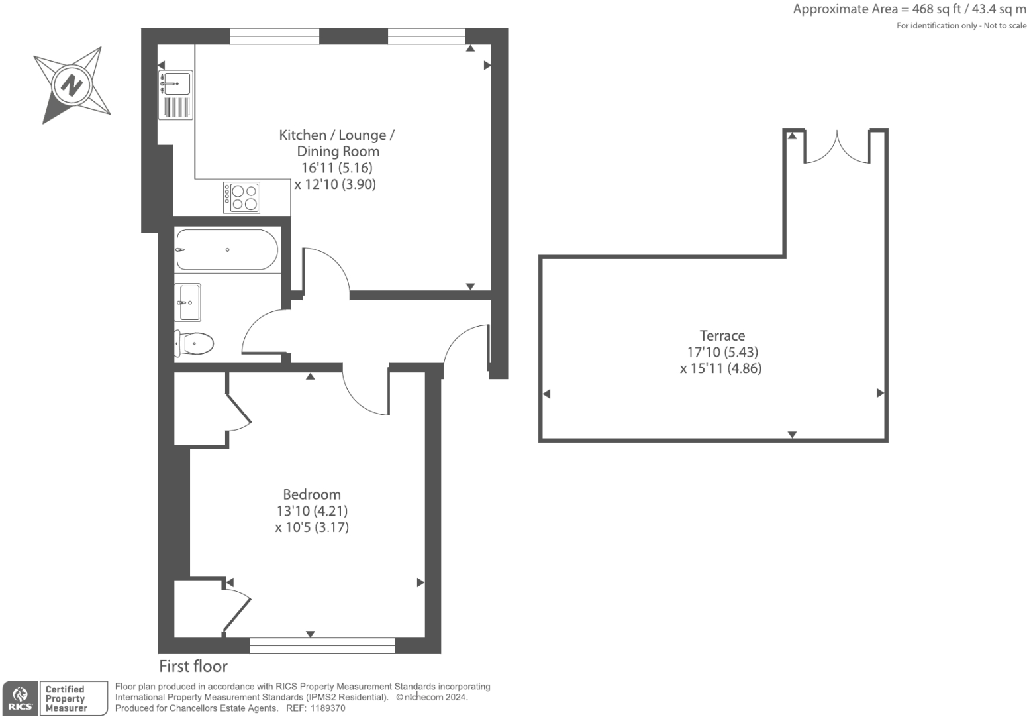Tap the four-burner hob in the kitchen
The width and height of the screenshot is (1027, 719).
point(242,197)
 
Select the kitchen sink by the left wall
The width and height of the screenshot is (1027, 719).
point(176,84)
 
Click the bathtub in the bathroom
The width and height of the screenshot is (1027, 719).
point(226,250)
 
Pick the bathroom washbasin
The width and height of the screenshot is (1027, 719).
point(188,302)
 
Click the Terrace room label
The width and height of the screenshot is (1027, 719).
point(722,335)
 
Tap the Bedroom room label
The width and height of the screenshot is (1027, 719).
point(311,494)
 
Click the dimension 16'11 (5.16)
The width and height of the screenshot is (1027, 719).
point(336,168)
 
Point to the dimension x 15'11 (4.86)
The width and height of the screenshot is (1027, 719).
point(720,368)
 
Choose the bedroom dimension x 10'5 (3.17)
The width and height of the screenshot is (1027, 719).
point(311,527)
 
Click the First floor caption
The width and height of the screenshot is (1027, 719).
point(193,666)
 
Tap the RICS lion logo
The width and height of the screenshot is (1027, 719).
point(20,696)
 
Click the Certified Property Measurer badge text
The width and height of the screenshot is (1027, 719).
point(66,698)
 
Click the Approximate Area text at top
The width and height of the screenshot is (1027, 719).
point(909,9)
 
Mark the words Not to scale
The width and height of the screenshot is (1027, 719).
point(1004,25)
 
